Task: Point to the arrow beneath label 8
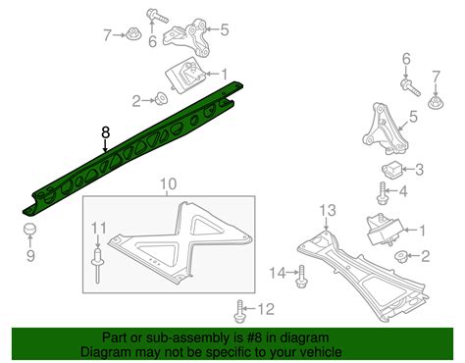click(x=107, y=147)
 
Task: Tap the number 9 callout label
click(x=29, y=256)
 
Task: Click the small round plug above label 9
click(x=29, y=232)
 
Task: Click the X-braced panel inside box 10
click(x=181, y=240)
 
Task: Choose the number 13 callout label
click(x=329, y=211)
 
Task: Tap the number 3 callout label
click(x=419, y=170)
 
